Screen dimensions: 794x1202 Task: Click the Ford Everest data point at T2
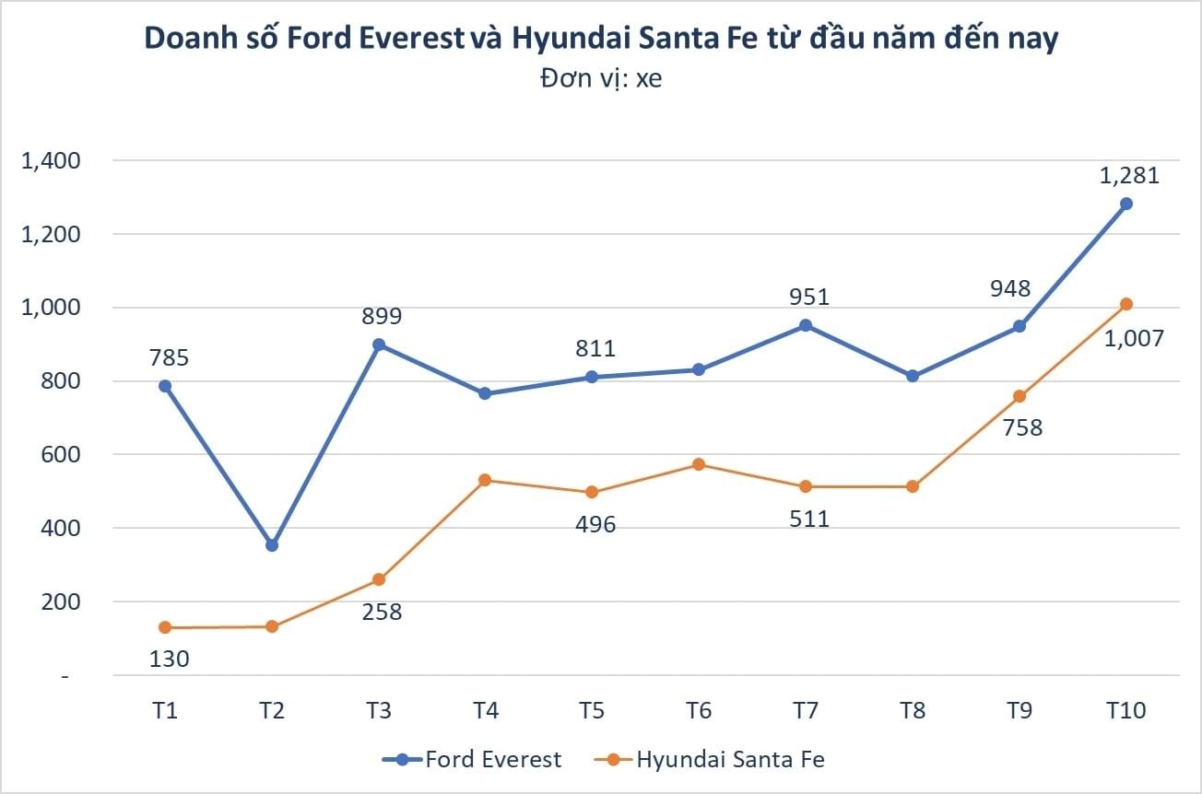[x=272, y=545]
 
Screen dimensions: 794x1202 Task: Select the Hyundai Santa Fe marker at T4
[x=485, y=480]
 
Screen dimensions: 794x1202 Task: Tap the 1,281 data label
[x=1129, y=175]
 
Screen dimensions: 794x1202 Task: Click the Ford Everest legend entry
[x=472, y=760]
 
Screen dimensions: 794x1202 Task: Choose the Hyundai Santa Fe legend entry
[x=709, y=760]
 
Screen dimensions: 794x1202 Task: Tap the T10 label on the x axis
[x=1125, y=711]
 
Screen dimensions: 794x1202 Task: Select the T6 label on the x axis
[x=699, y=711]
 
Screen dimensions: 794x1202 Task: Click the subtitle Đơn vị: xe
[x=601, y=79]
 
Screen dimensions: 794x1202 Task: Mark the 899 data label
[x=382, y=316]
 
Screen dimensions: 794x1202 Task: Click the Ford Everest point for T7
[x=806, y=325]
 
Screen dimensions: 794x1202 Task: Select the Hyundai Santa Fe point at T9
[x=1019, y=396]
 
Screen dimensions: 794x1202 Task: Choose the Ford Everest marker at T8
[x=913, y=376]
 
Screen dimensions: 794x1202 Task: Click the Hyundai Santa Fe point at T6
[x=699, y=464]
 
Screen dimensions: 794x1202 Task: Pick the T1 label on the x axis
[x=165, y=711]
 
